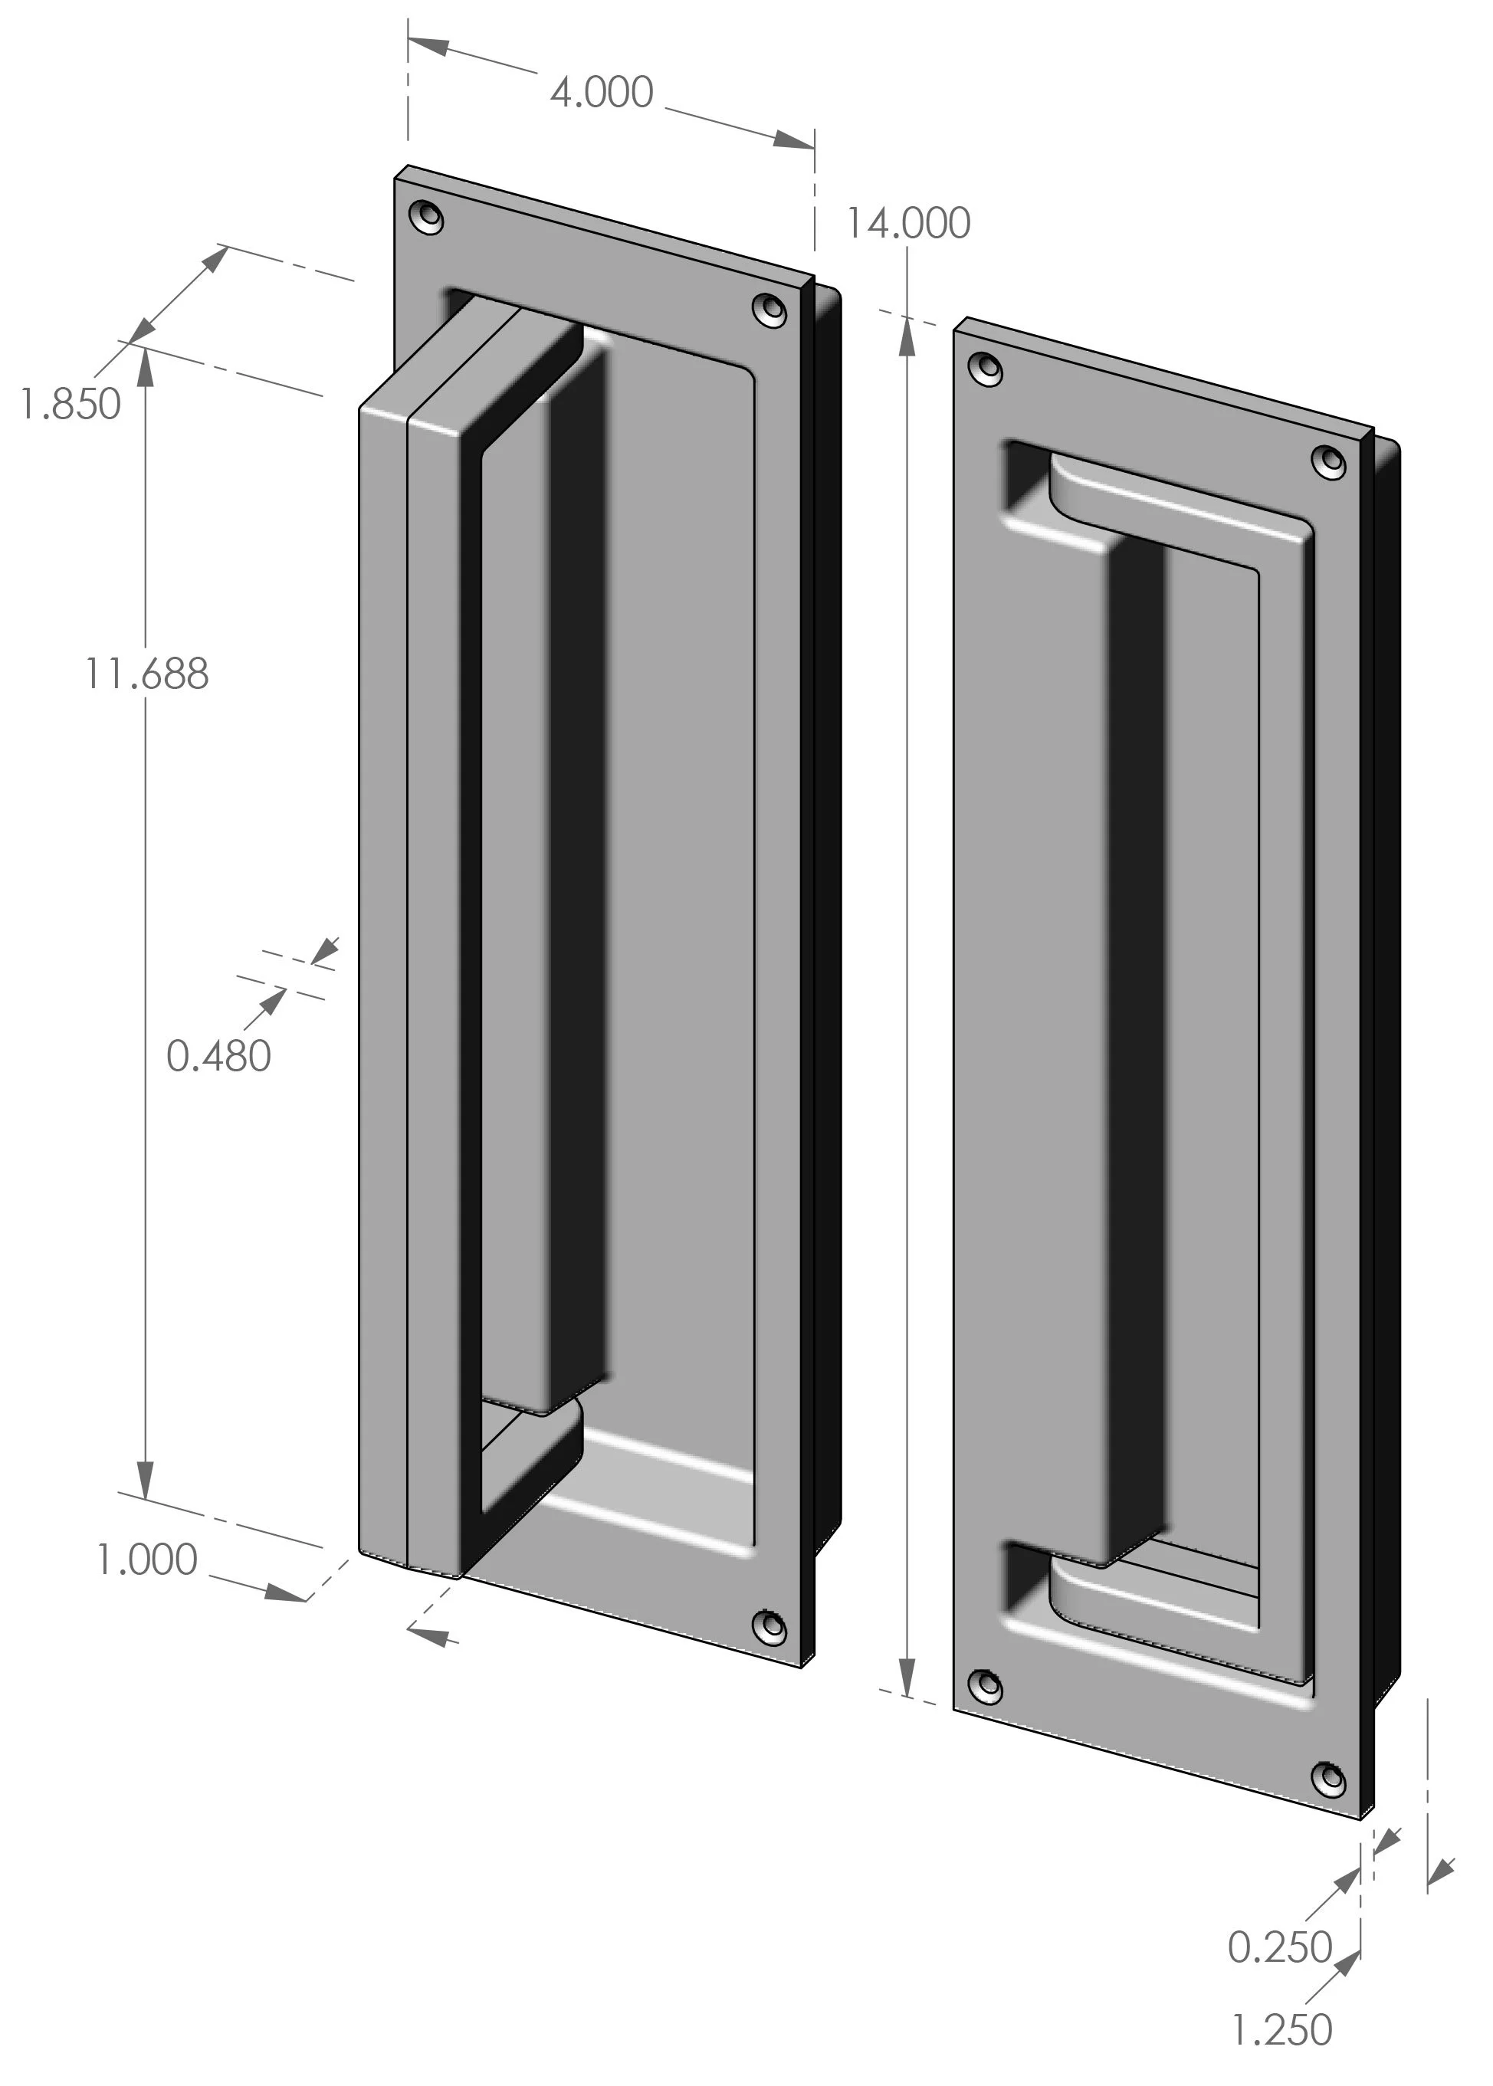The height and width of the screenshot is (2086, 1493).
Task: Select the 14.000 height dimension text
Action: point(907,224)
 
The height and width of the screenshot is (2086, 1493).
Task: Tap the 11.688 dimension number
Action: point(147,674)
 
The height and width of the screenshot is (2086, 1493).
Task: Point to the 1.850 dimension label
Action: point(71,405)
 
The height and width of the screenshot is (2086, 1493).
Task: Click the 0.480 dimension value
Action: point(218,1056)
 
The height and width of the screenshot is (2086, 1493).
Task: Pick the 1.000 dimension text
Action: point(147,1560)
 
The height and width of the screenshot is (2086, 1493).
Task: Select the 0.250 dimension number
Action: point(1280,1947)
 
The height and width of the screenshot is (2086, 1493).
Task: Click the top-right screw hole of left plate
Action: point(769,309)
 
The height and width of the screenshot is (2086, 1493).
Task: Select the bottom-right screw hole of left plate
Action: point(769,1626)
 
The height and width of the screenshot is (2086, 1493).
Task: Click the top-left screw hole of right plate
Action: point(987,369)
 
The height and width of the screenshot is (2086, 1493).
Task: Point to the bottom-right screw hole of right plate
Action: point(1329,1780)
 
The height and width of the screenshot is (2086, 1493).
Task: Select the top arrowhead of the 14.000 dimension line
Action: point(907,336)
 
